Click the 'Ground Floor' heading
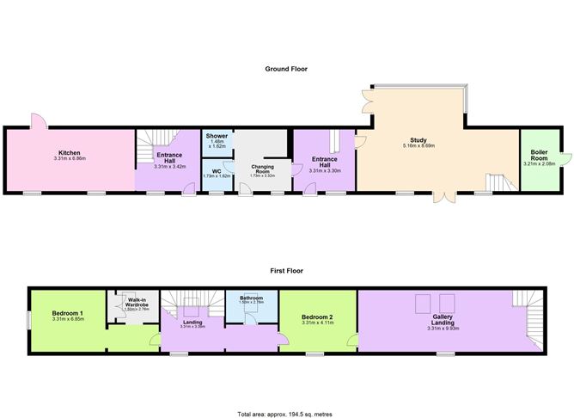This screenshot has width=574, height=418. [x=286, y=69]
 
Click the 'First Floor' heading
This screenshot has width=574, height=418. [x=286, y=270]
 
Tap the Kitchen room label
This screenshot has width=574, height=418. [x=69, y=153]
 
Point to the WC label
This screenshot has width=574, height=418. [x=217, y=170]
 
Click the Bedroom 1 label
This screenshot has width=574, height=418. [x=68, y=313]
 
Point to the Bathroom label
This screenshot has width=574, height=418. [x=250, y=298]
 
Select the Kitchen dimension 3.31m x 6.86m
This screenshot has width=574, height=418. [x=69, y=159]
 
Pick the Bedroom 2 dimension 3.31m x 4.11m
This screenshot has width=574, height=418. [x=317, y=323]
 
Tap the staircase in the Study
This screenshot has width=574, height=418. [x=498, y=182]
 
